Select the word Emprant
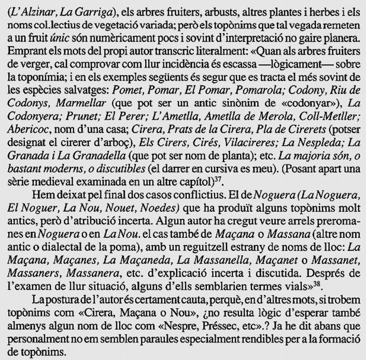[x=26, y=52]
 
